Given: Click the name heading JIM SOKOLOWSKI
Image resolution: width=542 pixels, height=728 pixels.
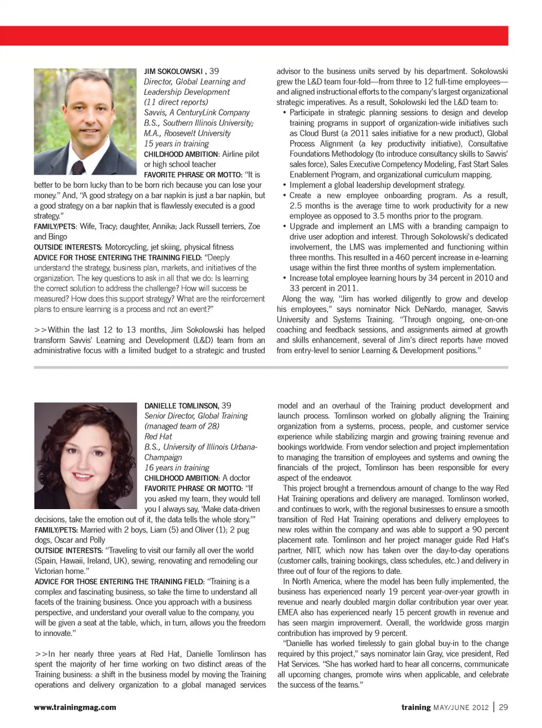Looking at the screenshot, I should [173, 72].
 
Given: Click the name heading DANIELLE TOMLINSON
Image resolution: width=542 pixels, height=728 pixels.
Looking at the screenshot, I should [181, 406].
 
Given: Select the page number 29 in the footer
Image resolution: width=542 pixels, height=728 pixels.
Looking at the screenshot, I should [503, 707].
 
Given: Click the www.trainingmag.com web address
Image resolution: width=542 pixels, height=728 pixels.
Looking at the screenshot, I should [75, 707].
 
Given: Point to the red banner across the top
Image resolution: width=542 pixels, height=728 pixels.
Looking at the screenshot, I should [254, 36].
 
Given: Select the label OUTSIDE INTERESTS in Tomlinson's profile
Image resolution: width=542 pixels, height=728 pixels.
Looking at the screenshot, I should [68, 551].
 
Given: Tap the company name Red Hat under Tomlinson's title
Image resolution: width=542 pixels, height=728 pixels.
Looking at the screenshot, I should [158, 437].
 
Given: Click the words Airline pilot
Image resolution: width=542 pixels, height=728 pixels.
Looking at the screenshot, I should [241, 154].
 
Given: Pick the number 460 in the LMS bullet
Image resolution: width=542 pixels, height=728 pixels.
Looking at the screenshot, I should [402, 257].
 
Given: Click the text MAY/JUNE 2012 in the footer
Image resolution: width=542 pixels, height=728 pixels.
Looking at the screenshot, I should [461, 708].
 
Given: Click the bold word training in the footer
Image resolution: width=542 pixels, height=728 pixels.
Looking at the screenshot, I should [416, 707].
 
